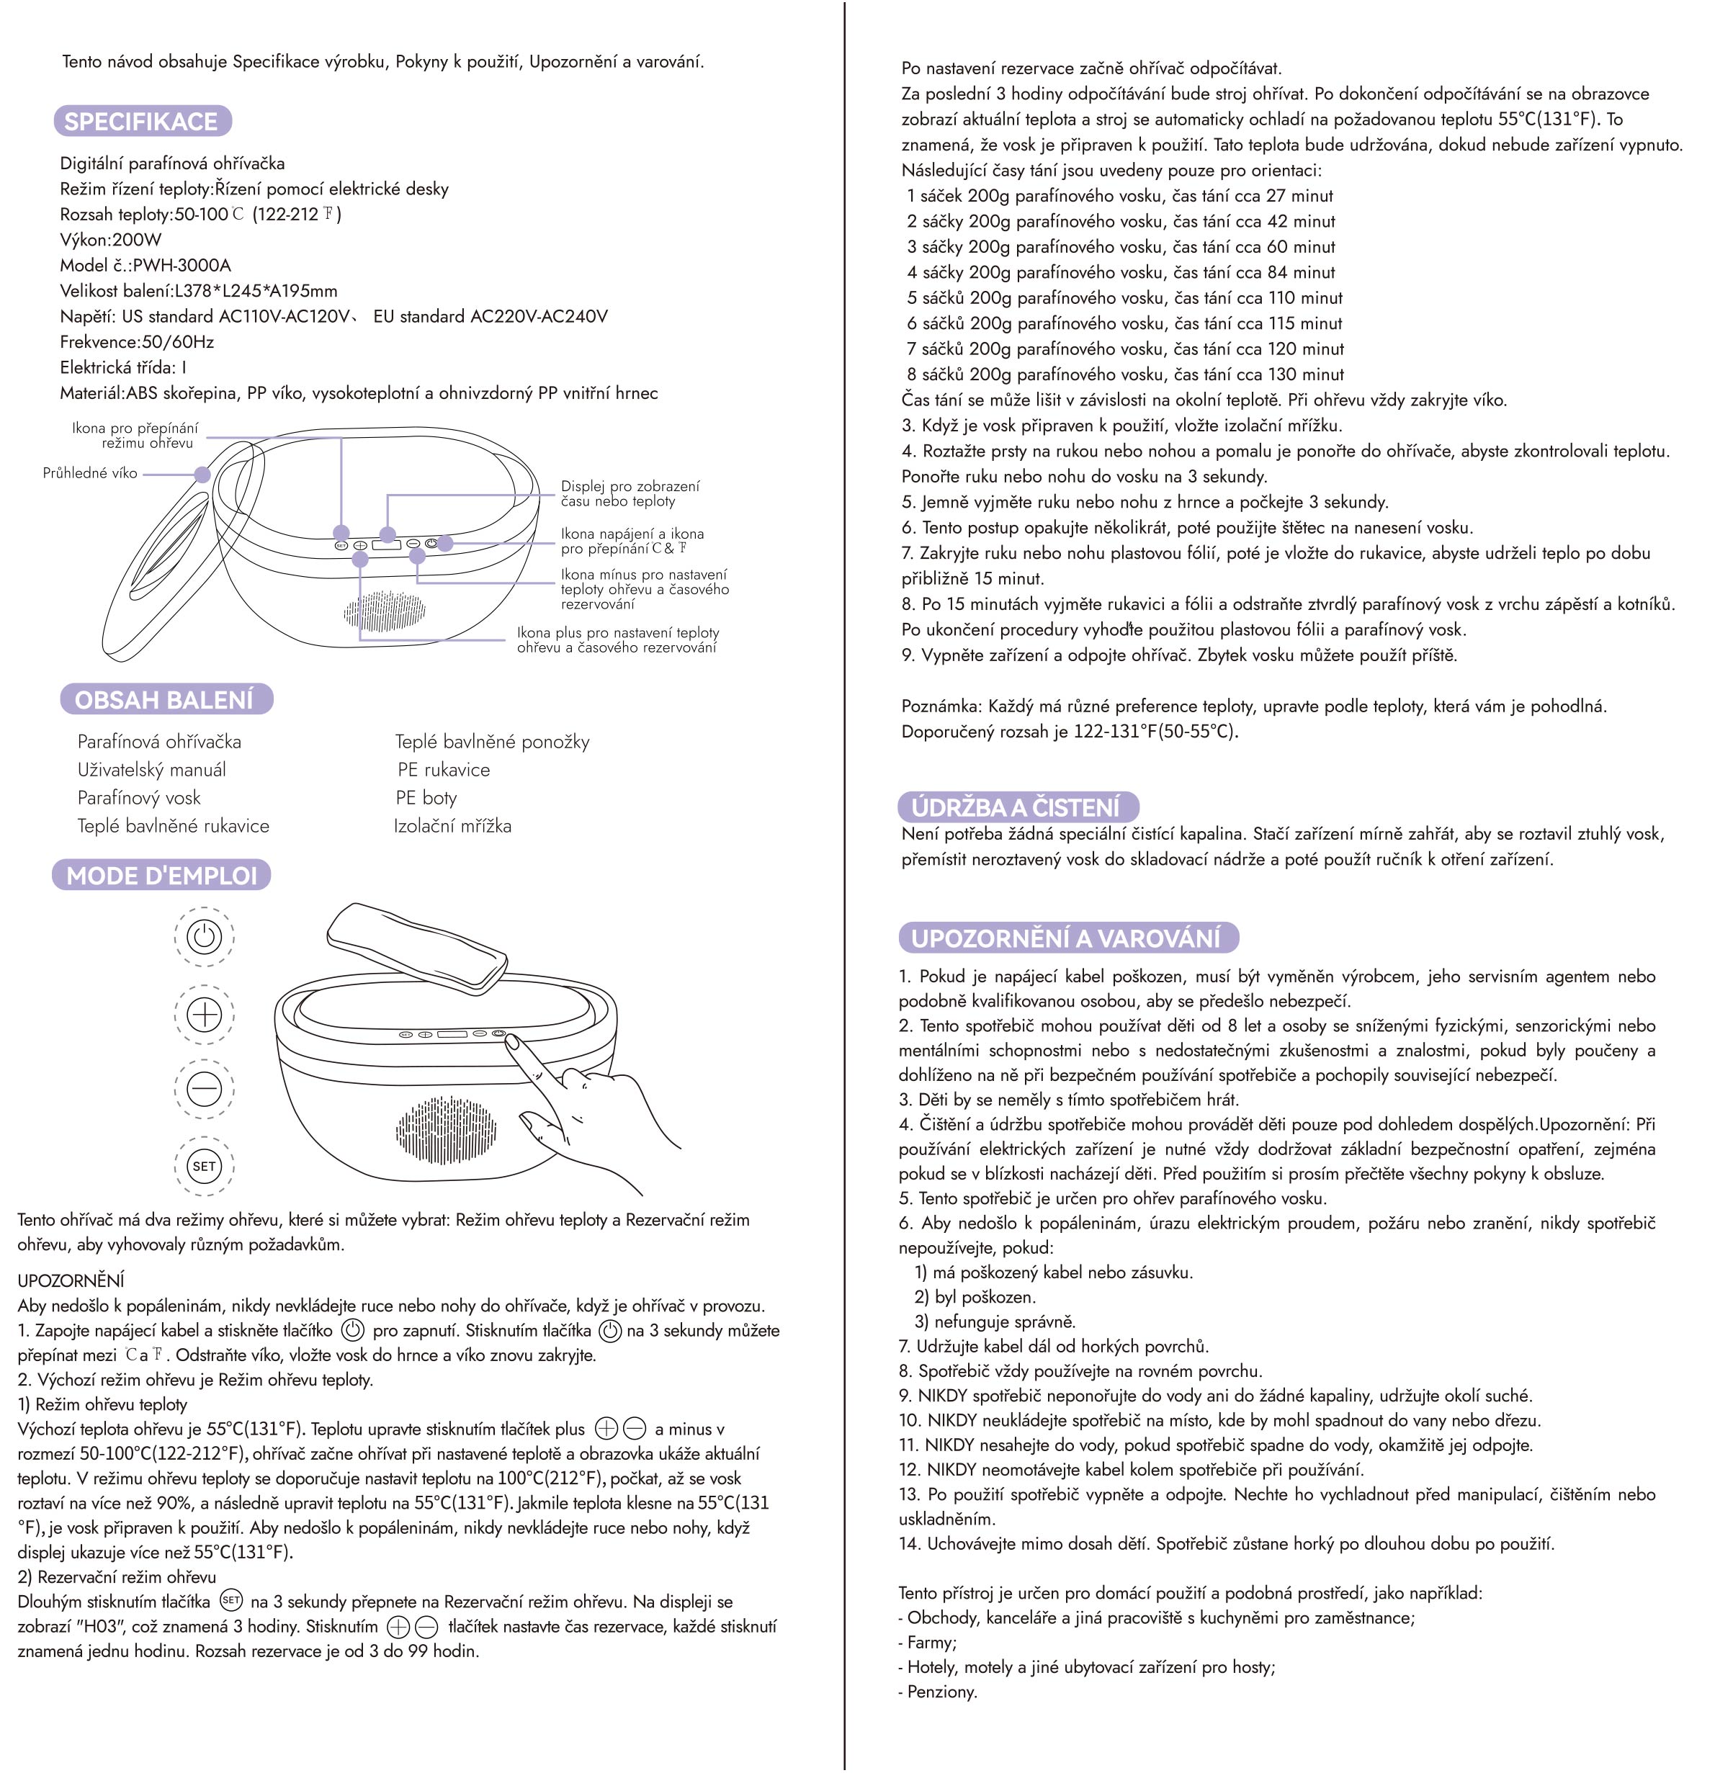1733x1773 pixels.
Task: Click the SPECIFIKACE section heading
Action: pos(141,121)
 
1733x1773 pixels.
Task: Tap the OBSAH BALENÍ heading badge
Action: pos(165,699)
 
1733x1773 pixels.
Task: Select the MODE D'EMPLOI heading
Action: pos(161,876)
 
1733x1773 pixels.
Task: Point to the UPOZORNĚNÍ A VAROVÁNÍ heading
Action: pos(1066,938)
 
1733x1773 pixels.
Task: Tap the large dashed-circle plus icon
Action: pos(204,1013)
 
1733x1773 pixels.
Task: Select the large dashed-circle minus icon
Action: pos(204,1089)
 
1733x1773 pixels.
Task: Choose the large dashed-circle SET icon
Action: pos(204,1166)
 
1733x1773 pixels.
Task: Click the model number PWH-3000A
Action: pos(182,266)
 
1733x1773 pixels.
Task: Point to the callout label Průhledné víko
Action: pos(90,473)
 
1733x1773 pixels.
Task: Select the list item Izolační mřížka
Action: pos(452,827)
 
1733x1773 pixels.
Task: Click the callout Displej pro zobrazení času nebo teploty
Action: pos(630,493)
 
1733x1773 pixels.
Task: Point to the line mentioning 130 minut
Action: pos(1125,374)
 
